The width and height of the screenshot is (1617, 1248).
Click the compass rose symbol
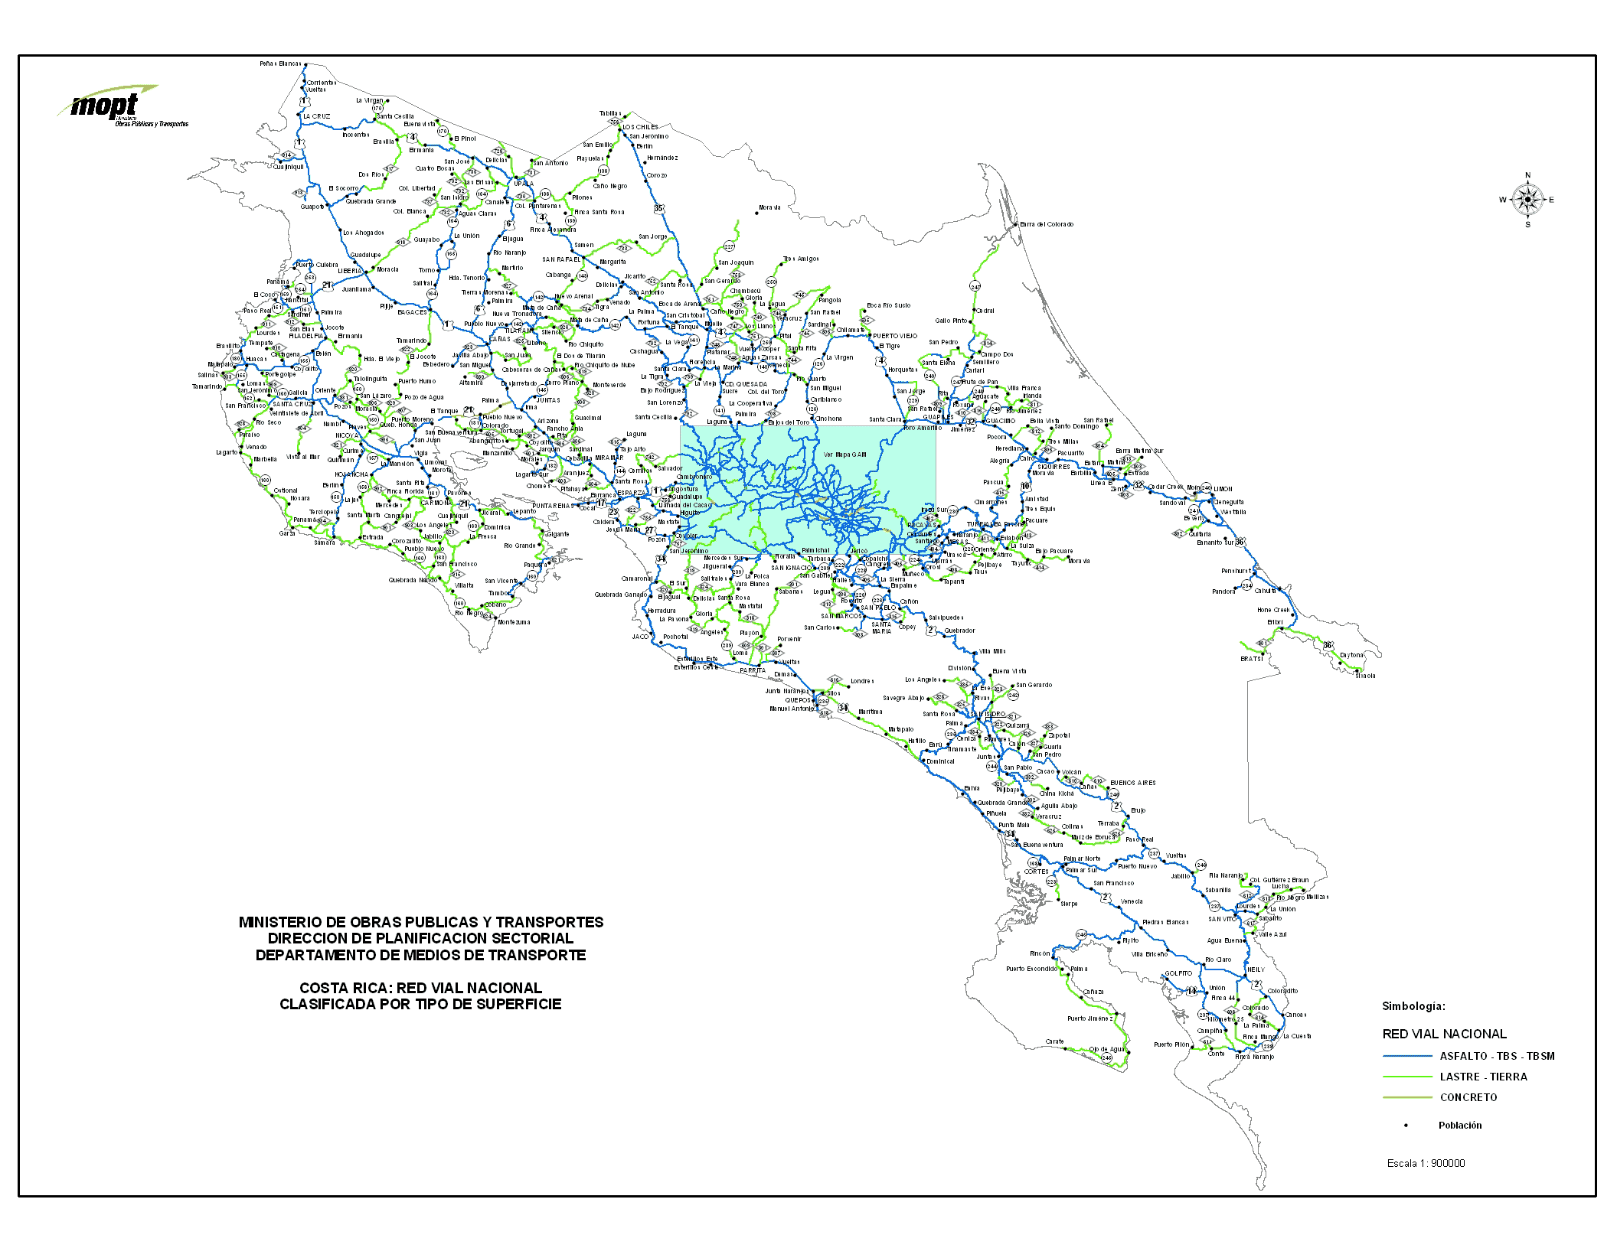pyautogui.click(x=1527, y=200)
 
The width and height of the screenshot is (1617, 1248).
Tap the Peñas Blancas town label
pyautogui.click(x=279, y=64)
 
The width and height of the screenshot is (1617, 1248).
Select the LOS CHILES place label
pyautogui.click(x=640, y=127)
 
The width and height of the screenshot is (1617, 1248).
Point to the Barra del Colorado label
pyautogui.click(x=1047, y=224)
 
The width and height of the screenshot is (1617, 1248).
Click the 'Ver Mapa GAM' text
pyautogui.click(x=845, y=455)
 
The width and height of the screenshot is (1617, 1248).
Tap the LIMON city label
pyautogui.click(x=1223, y=489)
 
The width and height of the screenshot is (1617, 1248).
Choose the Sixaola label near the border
pyautogui.click(x=1365, y=676)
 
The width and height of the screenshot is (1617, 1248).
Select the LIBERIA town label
pyautogui.click(x=350, y=271)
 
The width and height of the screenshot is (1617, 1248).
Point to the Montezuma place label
pyautogui.click(x=514, y=622)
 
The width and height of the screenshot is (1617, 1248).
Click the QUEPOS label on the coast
pyautogui.click(x=798, y=700)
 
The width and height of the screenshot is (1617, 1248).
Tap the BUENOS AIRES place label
pyautogui.click(x=1133, y=783)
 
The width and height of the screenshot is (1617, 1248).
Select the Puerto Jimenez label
pyautogui.click(x=1089, y=1018)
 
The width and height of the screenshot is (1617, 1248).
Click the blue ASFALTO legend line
pyautogui.click(x=1406, y=1056)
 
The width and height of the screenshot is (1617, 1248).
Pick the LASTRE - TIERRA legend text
pyautogui.click(x=1483, y=1077)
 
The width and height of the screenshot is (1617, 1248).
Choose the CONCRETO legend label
pyautogui.click(x=1468, y=1097)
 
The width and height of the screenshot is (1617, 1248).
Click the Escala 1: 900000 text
pyautogui.click(x=1426, y=1163)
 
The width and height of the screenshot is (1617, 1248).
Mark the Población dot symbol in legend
pyautogui.click(x=1406, y=1126)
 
